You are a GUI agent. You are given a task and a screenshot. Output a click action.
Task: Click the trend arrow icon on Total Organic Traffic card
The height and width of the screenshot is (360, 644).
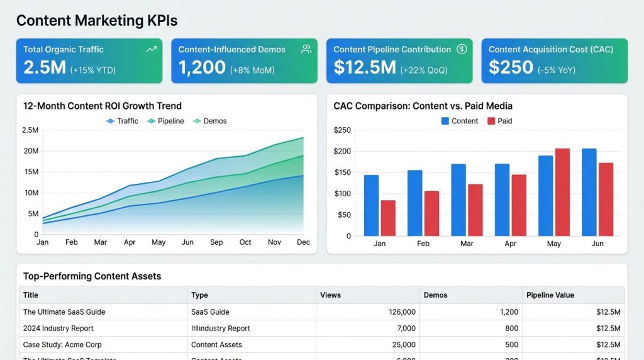coord(151,49)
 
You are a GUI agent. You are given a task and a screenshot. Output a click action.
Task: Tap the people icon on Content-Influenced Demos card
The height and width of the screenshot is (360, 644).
coord(306,49)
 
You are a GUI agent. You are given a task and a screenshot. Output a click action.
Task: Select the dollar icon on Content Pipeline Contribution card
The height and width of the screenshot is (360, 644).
coord(462,49)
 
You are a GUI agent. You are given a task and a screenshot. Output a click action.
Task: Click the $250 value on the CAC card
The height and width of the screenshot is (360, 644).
coord(511,67)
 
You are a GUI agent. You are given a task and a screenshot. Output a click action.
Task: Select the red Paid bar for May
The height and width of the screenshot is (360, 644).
coord(562,192)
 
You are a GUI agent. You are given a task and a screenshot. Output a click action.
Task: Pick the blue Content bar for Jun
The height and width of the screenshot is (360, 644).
coord(589,192)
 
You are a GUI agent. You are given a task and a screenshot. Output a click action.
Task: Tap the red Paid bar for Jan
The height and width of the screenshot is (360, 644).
coord(388,218)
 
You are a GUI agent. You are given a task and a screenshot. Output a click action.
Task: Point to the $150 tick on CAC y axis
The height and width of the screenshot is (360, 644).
coord(342,172)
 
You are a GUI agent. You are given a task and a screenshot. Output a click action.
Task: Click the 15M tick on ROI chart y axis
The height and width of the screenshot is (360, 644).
coord(31,172)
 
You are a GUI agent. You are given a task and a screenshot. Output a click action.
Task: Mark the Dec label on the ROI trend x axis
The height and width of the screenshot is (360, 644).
coord(303,242)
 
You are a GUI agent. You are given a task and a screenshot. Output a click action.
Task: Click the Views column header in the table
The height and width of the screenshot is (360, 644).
coord(331,295)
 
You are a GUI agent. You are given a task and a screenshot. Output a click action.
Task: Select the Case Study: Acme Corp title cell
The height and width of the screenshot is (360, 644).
coord(62,345)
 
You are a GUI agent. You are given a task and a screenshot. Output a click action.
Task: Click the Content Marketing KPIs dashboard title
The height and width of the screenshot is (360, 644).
coord(97,21)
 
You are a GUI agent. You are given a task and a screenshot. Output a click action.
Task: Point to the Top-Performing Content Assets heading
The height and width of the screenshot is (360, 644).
coord(92,276)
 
